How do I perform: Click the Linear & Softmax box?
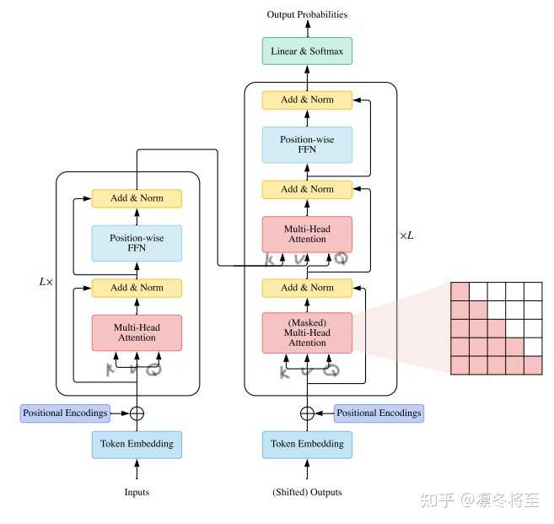pos(307,51)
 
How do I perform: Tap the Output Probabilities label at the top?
pos(307,14)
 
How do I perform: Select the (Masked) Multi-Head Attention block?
pos(307,332)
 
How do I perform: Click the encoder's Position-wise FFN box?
pos(137,243)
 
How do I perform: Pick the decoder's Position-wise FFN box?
pos(307,144)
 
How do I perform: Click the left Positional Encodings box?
pos(66,413)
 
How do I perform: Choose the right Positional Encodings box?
pos(379,413)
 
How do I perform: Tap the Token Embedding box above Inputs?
pos(137,444)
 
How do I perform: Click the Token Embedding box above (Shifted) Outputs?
pos(307,444)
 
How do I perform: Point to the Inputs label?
pos(137,492)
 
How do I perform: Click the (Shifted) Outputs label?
pos(307,492)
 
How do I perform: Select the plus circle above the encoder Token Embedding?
pos(137,413)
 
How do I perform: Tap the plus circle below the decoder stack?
pos(307,413)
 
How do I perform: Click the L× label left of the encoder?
pos(46,281)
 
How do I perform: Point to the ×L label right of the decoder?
pos(406,235)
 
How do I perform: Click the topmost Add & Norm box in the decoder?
pos(307,100)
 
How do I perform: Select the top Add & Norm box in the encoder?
pos(137,198)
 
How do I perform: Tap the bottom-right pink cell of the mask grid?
pos(534,365)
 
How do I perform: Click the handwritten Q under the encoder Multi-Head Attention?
pos(153,370)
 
